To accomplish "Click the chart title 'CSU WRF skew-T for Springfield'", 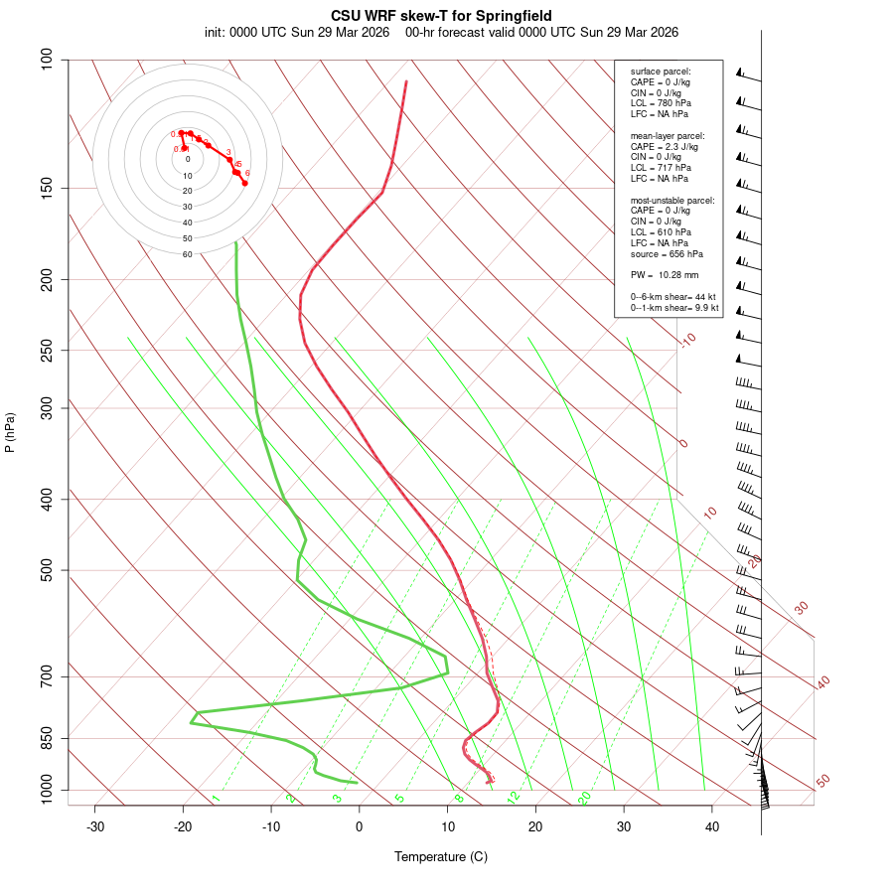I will point(441,16).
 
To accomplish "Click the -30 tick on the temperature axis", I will point(95,826).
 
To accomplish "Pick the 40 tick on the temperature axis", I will point(712,826).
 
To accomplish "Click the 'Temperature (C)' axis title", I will point(441,856).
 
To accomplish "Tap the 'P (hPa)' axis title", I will point(10,432).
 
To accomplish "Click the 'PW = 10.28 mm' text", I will point(665,274).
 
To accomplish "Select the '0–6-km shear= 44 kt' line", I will point(674,297).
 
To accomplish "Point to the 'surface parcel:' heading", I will point(661,72).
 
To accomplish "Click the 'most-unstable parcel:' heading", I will point(672,201).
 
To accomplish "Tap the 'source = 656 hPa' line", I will point(667,254).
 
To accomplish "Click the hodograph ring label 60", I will point(187,254).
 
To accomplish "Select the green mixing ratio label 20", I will point(584,797).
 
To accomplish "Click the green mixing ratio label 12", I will point(514,797).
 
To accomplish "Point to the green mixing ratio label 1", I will point(216,798).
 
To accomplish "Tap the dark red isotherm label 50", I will point(822,782).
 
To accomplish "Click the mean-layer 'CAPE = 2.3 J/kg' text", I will point(665,146).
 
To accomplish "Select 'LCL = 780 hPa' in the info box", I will point(661,103).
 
